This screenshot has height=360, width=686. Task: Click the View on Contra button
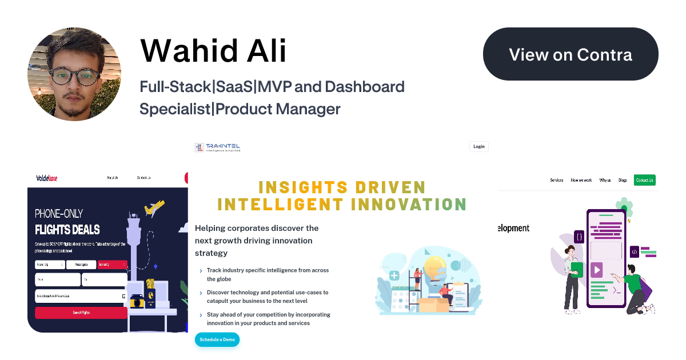coord(571,54)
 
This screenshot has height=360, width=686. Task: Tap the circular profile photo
coord(74,74)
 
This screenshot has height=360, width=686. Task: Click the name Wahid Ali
coord(213,51)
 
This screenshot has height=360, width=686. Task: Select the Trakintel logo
coord(217,147)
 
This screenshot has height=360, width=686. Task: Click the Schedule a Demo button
coord(217,339)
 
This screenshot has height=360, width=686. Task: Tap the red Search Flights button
coord(81,313)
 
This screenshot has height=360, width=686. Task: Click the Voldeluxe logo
coord(46,178)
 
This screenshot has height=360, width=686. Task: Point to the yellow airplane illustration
coord(154,209)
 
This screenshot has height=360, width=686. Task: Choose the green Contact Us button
coord(644,180)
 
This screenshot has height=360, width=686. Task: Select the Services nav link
coord(556,180)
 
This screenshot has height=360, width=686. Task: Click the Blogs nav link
coord(623,180)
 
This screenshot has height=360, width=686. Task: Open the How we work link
coord(581,180)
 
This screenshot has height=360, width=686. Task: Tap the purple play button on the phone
coord(596,270)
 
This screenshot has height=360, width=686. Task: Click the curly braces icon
coord(579,236)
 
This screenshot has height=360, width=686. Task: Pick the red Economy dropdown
coord(112,265)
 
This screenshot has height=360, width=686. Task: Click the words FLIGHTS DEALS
coord(67,230)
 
